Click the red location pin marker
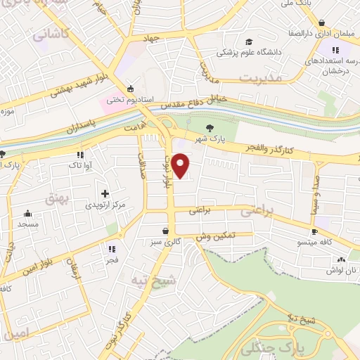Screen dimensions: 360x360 click(x=181, y=165)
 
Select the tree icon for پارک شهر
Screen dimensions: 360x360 click(x=209, y=128)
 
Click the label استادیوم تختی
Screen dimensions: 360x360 click(x=129, y=100)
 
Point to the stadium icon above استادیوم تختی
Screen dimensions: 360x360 click(x=130, y=89)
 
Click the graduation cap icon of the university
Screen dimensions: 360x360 click(x=250, y=41)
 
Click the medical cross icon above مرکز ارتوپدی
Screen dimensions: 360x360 click(x=105, y=193)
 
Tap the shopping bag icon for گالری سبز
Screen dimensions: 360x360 click(x=165, y=231)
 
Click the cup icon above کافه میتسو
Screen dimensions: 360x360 click(x=316, y=231)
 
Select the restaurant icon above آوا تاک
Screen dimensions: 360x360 click(x=80, y=154)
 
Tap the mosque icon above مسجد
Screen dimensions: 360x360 click(x=28, y=214)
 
